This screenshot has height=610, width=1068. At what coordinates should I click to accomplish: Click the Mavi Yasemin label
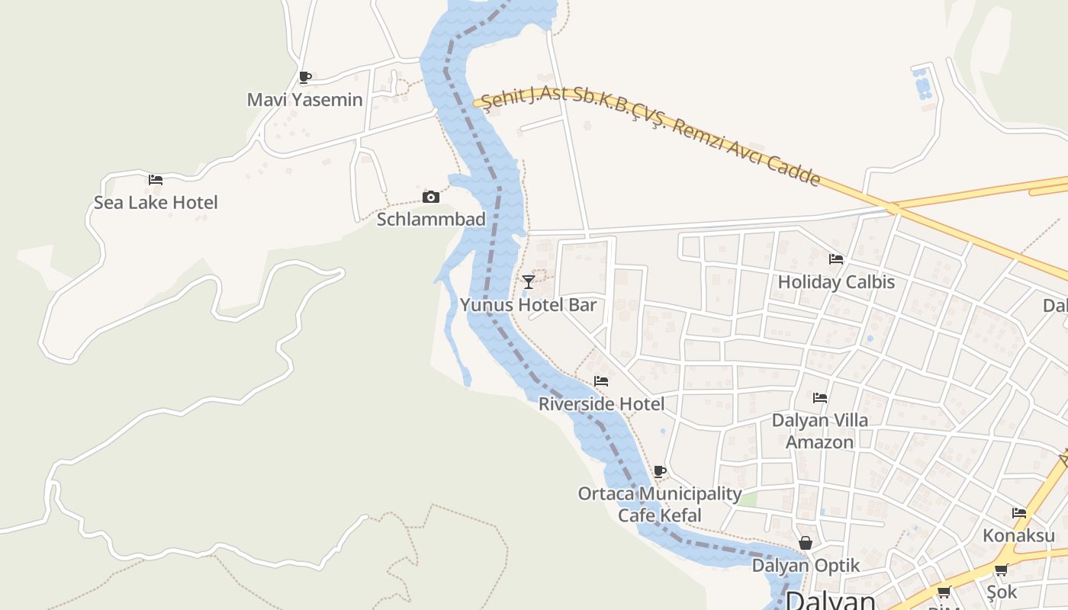pyautogui.click(x=304, y=100)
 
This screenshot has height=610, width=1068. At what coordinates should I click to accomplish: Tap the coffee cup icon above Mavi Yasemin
pyautogui.click(x=304, y=76)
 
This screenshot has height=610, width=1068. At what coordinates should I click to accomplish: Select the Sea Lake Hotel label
pyautogui.click(x=156, y=203)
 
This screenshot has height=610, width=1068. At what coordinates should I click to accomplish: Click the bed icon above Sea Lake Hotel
pyautogui.click(x=156, y=180)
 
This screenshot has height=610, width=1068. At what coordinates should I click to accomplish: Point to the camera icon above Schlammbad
pyautogui.click(x=431, y=197)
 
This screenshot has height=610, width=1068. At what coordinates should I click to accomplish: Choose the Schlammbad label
pyautogui.click(x=431, y=220)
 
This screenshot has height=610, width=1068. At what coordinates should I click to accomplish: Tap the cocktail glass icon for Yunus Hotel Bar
pyautogui.click(x=528, y=282)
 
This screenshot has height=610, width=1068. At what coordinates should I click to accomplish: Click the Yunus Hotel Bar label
pyautogui.click(x=528, y=305)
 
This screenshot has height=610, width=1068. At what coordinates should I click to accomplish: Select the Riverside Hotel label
pyautogui.click(x=601, y=404)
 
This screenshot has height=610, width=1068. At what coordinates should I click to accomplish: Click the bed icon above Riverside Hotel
pyautogui.click(x=601, y=381)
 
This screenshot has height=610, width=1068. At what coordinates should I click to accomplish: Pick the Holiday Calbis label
pyautogui.click(x=836, y=282)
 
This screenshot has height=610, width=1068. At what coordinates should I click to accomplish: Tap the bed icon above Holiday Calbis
pyautogui.click(x=836, y=259)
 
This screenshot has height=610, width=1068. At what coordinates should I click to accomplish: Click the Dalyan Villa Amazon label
pyautogui.click(x=820, y=431)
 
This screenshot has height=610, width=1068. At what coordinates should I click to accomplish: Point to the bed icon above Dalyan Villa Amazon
pyautogui.click(x=820, y=397)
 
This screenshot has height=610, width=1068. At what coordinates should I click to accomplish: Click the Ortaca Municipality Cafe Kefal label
pyautogui.click(x=659, y=504)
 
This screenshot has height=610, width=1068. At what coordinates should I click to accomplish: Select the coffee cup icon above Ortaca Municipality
pyautogui.click(x=660, y=471)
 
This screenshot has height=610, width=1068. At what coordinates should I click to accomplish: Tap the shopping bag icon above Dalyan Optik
pyautogui.click(x=806, y=543)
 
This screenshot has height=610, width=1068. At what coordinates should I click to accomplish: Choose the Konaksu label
pyautogui.click(x=1018, y=535)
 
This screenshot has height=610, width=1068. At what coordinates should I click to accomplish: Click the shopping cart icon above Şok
pyautogui.click(x=1001, y=570)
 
